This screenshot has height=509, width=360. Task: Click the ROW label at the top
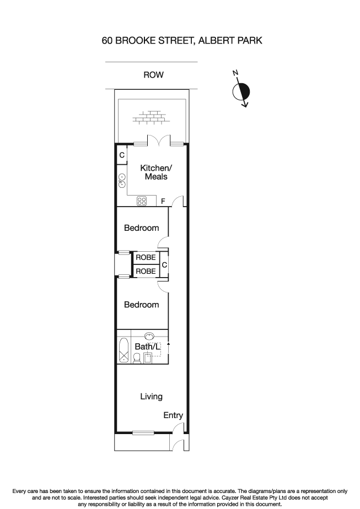pos(153,75)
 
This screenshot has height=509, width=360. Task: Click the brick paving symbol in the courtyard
pos(149,118)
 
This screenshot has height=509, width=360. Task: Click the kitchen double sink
pos(122,181)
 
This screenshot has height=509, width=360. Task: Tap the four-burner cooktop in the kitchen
pos(142,201)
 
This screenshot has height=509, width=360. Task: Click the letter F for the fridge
pos(163,202)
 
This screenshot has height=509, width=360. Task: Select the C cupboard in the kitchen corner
pos(121,156)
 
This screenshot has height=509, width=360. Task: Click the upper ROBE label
pos(146,257)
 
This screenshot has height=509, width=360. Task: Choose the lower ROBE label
pos(146,271)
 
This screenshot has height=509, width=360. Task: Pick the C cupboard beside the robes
pos(164,266)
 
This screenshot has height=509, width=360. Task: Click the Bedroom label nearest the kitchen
pos(141,228)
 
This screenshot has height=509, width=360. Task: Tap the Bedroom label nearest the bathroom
pos(141,305)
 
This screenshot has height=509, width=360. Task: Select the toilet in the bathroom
pos(136,358)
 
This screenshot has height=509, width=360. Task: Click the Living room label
pos(151,396)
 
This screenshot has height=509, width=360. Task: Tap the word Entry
pos(173,416)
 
